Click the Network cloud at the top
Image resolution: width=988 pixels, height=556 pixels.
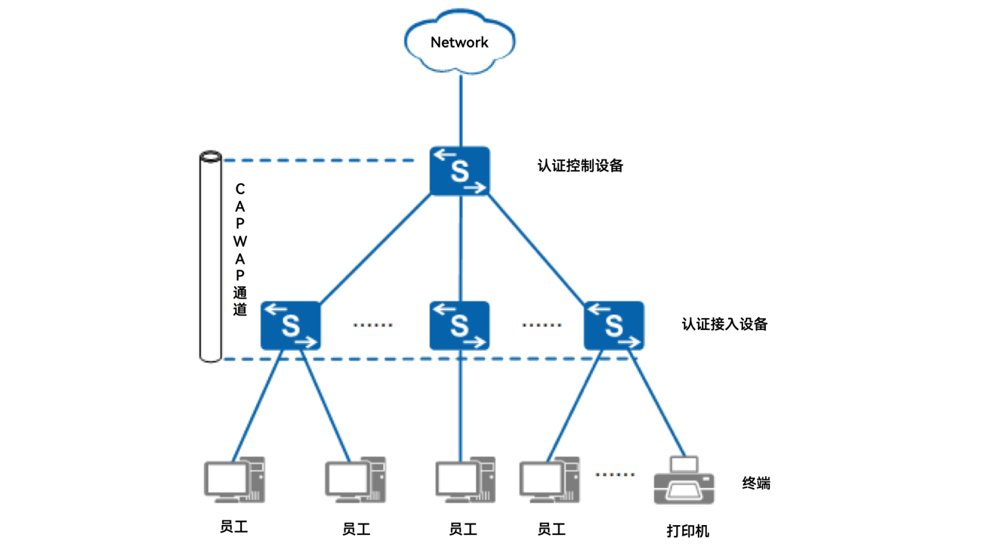(x=459, y=42)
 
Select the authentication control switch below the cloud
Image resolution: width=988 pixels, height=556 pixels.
(x=459, y=171)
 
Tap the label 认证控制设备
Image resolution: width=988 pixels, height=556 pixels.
(x=580, y=166)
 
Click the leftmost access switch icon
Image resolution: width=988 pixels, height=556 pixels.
(x=290, y=326)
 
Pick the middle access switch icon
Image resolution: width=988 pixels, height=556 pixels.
(x=459, y=326)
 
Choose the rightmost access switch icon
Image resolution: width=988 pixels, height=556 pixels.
(x=614, y=326)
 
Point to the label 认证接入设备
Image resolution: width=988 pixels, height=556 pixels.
(x=724, y=324)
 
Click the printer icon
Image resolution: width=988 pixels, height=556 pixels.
(x=684, y=481)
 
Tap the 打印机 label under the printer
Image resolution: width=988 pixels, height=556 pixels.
(x=687, y=531)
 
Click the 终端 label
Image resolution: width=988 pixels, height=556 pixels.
(x=756, y=483)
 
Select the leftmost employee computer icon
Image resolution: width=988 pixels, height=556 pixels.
(x=234, y=479)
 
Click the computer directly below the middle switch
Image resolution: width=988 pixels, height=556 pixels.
(x=465, y=479)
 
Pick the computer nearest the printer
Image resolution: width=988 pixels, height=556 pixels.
(x=549, y=479)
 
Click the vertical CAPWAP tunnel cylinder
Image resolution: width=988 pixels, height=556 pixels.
(x=211, y=256)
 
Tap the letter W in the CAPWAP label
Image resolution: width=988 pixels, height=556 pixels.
(x=240, y=241)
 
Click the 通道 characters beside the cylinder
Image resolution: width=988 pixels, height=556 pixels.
(x=240, y=301)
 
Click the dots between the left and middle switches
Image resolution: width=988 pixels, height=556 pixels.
(x=373, y=325)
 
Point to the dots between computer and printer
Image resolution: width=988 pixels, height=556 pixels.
(x=615, y=474)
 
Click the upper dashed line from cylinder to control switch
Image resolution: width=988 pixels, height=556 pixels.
(x=318, y=160)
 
